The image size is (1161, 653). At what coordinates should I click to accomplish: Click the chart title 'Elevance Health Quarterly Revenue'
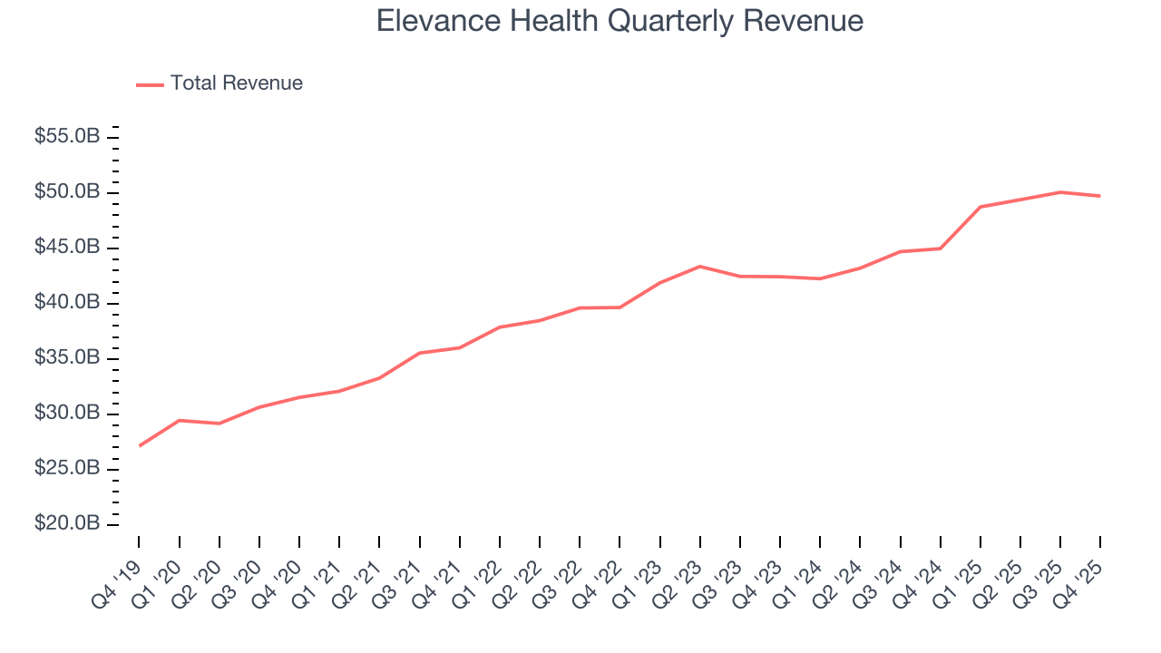(620, 21)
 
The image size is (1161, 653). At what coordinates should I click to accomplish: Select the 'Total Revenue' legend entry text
(236, 83)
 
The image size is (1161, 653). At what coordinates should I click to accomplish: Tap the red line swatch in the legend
(150, 84)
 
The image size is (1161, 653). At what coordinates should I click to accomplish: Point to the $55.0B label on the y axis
(67, 137)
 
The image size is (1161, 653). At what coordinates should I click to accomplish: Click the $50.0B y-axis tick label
(67, 192)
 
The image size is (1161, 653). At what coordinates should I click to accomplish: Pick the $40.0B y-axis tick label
(67, 303)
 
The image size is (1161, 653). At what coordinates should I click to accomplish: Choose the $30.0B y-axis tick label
(67, 414)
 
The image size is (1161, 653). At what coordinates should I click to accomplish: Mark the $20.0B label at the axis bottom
(67, 524)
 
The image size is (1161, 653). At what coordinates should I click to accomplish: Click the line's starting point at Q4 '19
(140, 445)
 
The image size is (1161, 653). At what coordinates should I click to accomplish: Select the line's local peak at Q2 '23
(700, 266)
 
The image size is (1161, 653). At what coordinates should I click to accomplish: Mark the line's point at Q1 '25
(981, 207)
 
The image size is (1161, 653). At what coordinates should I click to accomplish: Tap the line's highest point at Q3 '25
(1060, 192)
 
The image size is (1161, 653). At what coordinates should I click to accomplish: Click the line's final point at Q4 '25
(1100, 196)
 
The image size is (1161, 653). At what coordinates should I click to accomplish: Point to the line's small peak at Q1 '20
(180, 420)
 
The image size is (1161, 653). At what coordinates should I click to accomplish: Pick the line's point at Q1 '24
(820, 278)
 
